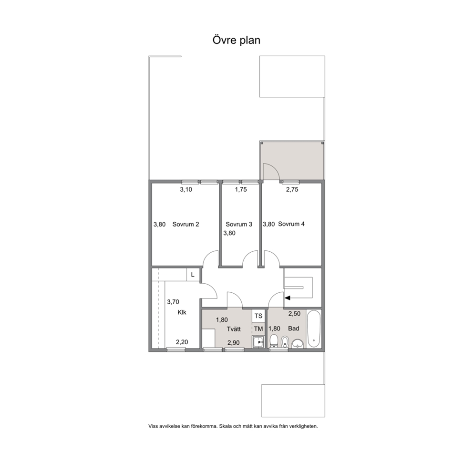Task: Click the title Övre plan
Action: coord(236,40)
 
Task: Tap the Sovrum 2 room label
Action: coord(185,224)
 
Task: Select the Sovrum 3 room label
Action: coord(239,224)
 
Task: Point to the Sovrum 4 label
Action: coord(291,224)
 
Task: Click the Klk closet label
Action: coord(182,312)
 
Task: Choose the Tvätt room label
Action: coord(234,329)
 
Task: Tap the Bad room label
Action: coord(294,328)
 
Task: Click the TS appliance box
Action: coord(258,316)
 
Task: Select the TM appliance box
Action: coord(258,329)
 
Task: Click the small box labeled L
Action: coord(193,275)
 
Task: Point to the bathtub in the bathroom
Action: coord(314,329)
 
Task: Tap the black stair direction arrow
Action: coord(288,298)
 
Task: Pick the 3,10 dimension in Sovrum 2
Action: coord(186,189)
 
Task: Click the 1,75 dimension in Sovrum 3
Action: coord(241,189)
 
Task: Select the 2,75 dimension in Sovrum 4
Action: coord(292,189)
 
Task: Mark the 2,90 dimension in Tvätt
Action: coord(234,342)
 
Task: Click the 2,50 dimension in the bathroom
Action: coord(294,314)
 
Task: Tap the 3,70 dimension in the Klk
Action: coord(173,302)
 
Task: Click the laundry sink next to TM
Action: coord(258,342)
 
